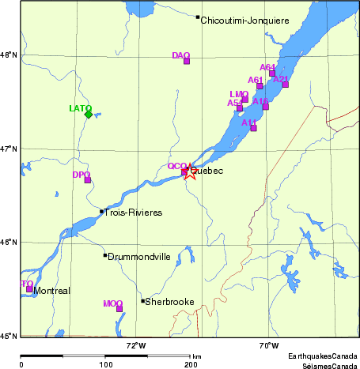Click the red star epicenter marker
coord(190,171)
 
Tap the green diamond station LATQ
coord(88,115)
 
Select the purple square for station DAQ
coord(187,61)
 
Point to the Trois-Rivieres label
coord(134,213)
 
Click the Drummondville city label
coord(139,257)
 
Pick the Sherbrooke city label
coord(169,302)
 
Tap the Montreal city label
coord(52,291)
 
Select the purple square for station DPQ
coord(88,180)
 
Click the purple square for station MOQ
coord(119,308)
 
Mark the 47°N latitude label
coord(9,149)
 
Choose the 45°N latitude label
coord(9,336)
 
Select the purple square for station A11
coord(253,127)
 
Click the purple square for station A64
coord(272,73)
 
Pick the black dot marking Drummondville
coord(104,254)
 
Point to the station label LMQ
coord(239,94)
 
